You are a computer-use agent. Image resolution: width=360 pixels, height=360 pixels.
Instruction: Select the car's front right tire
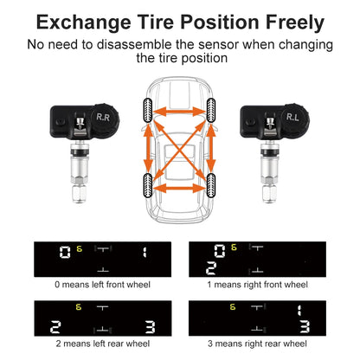pos(210,110)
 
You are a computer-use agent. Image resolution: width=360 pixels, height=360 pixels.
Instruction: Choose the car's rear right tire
pos(210,183)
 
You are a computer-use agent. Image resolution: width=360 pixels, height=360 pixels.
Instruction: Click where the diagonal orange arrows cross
pos(178,147)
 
